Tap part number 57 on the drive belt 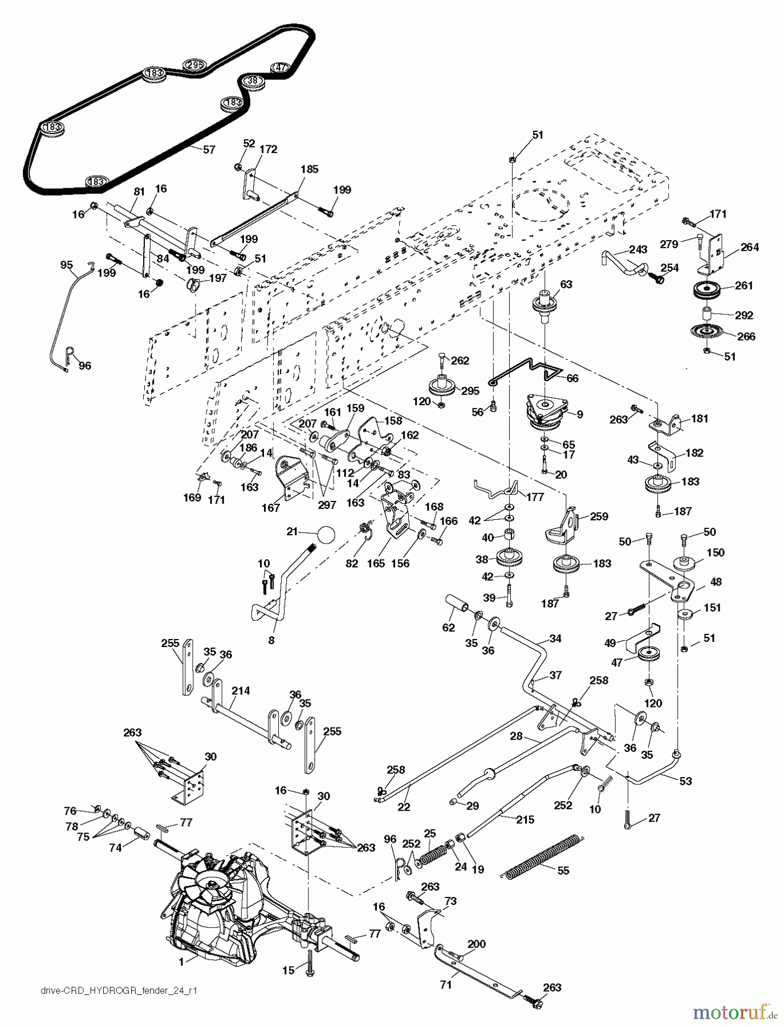tap(209, 149)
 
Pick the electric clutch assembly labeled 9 tap(547, 412)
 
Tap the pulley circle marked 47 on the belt tap(280, 68)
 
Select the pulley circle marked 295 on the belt tap(194, 65)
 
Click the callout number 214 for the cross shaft tap(241, 690)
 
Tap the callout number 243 tap(638, 249)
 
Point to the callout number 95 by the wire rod tap(67, 264)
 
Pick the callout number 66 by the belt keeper tap(571, 378)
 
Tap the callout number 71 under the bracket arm tap(446, 984)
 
